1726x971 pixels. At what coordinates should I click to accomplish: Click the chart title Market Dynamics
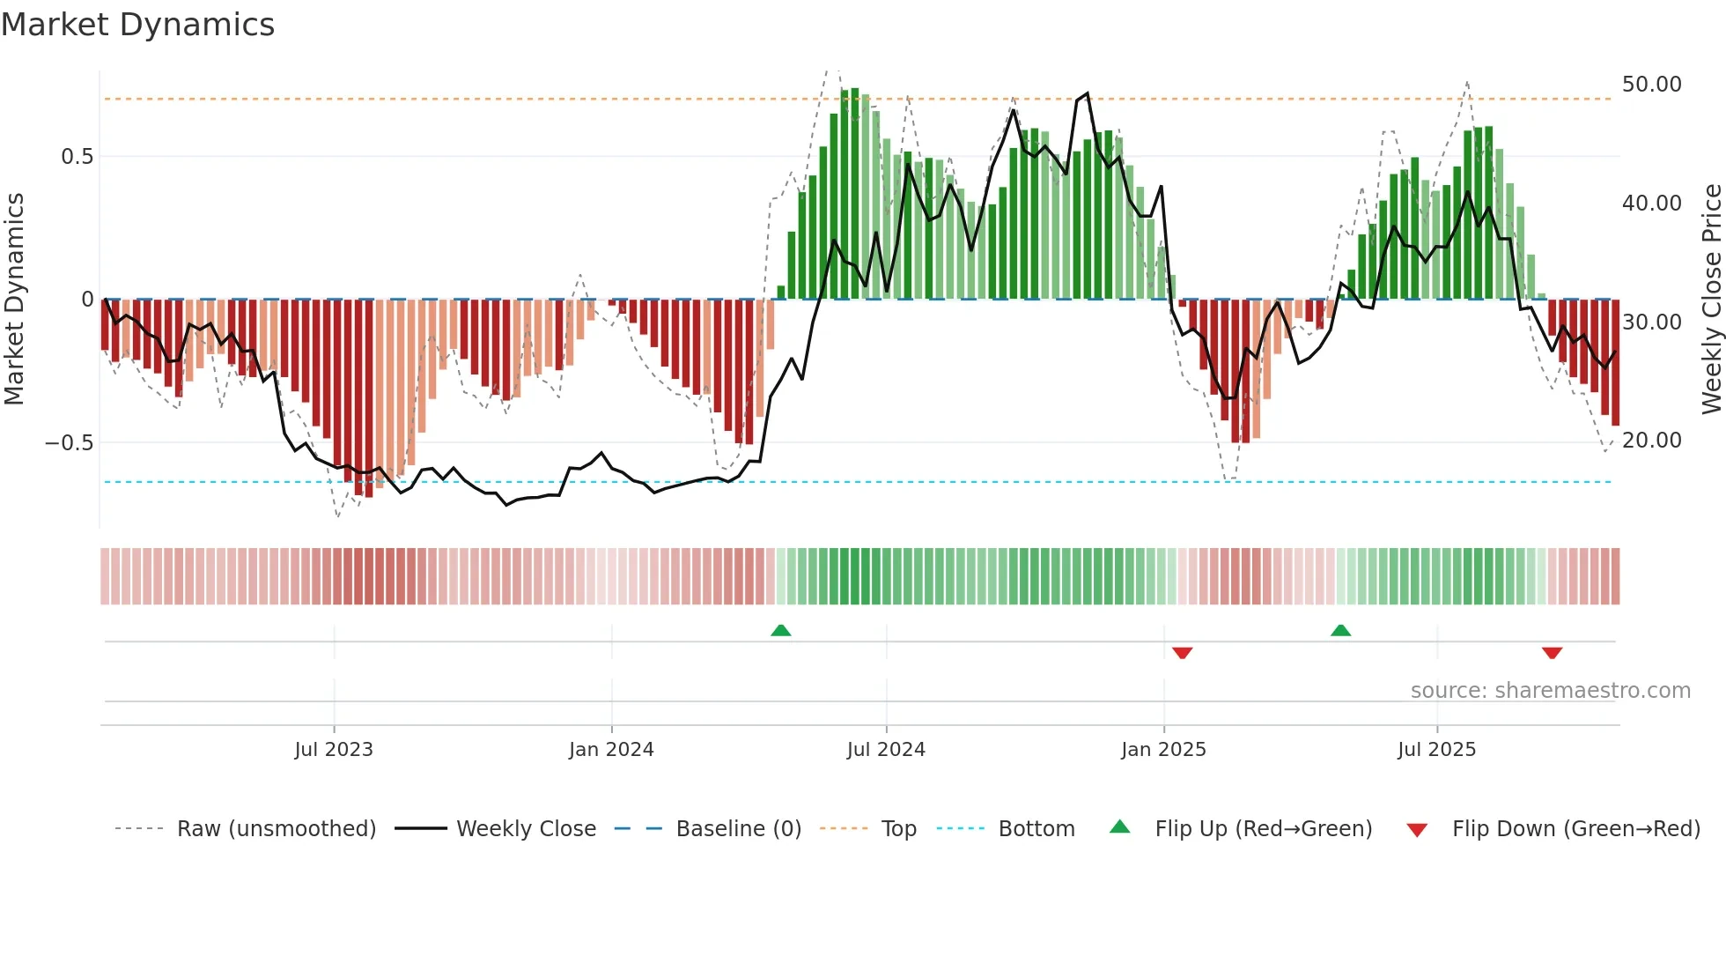coord(137,25)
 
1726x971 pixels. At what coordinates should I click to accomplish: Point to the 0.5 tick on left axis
coord(77,157)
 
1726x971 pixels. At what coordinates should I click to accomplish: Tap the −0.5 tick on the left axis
coord(70,442)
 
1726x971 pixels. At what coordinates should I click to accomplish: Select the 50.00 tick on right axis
coord(1651,85)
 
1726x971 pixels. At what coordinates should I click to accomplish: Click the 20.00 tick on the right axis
coord(1651,441)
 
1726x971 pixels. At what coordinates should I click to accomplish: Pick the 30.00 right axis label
coord(1651,322)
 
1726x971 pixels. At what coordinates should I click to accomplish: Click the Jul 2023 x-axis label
coord(334,750)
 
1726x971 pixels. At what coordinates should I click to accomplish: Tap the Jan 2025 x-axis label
coord(1163,750)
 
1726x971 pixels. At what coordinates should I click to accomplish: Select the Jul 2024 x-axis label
coord(886,750)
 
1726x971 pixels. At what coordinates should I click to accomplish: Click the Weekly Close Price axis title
coord(1711,300)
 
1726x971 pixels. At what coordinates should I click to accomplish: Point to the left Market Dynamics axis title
coord(14,300)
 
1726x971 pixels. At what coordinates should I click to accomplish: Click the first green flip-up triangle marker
coord(780,630)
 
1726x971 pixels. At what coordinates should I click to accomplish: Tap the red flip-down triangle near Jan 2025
coord(1182,653)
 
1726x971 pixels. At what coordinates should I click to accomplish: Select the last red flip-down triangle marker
coord(1552,653)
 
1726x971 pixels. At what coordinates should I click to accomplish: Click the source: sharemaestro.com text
coord(1550,691)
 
